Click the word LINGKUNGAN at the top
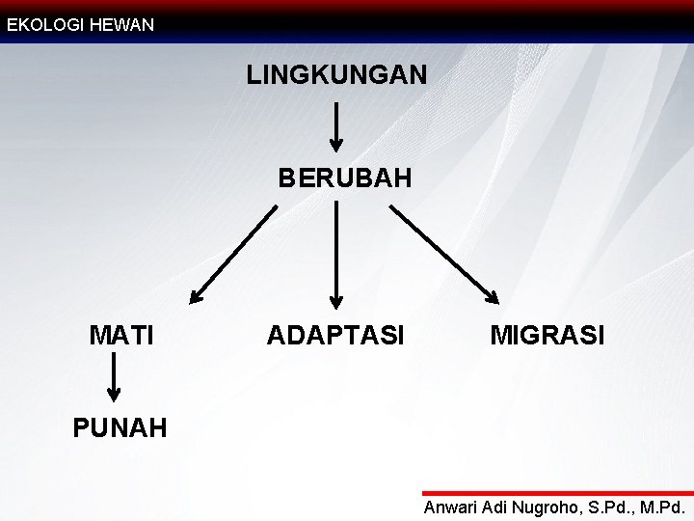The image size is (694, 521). [336, 74]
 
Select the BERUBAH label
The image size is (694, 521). [345, 178]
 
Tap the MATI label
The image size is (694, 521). [121, 336]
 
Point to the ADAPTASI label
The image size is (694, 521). [335, 336]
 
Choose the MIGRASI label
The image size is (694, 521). [547, 336]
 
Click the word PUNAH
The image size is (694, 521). [120, 426]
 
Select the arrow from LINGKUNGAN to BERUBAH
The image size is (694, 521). [336, 127]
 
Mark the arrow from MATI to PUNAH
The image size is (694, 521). [114, 376]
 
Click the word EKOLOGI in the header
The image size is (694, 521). [43, 25]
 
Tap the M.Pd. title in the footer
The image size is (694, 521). [660, 507]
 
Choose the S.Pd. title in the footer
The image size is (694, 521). [607, 507]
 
